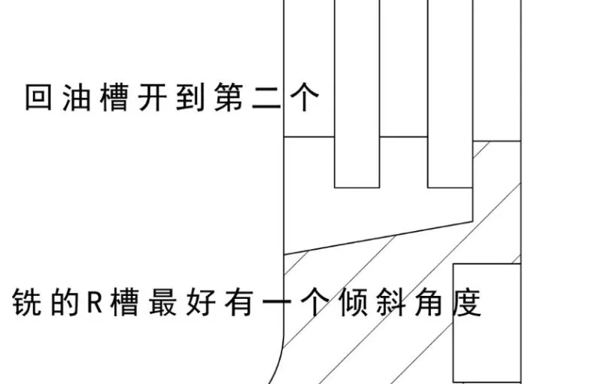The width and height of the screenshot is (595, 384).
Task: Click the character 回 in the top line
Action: (38, 97)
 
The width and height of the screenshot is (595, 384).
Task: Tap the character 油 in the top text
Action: (76, 97)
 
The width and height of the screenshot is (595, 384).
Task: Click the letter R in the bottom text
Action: (97, 304)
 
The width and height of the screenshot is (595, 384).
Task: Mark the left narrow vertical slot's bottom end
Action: (357, 186)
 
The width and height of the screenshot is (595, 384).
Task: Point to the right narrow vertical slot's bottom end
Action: (449, 186)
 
